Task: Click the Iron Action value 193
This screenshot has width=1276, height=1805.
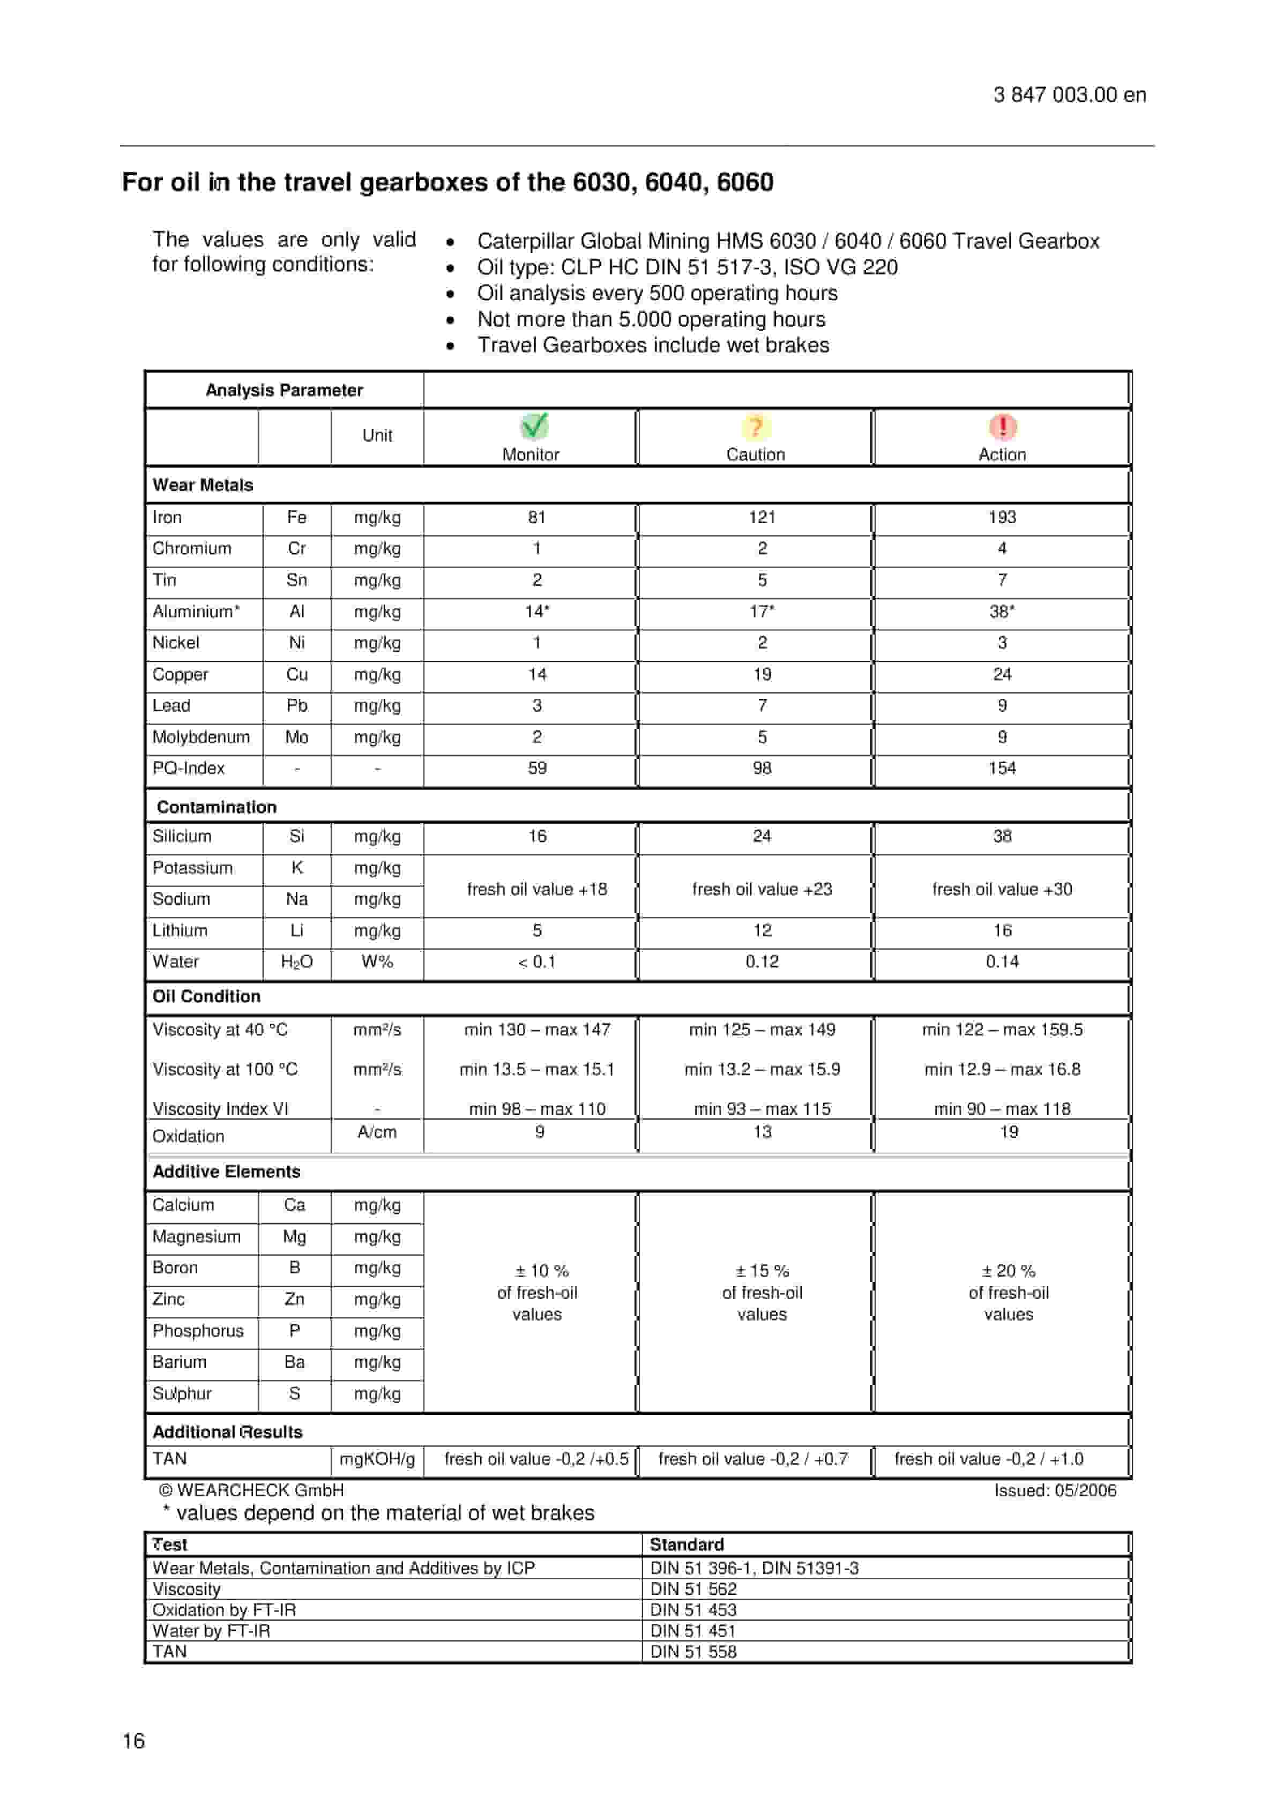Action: point(1002,517)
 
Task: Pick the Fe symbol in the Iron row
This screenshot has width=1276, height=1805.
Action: point(296,517)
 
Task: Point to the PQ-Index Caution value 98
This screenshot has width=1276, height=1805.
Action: point(762,768)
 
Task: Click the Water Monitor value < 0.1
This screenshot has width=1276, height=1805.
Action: point(537,961)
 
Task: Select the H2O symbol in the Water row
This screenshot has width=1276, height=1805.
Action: point(296,961)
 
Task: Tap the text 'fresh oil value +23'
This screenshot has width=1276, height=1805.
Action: point(762,889)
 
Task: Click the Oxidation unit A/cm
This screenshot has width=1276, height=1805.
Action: point(377,1132)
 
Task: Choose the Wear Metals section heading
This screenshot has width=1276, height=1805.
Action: point(203,485)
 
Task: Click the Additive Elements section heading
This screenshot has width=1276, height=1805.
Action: point(227,1172)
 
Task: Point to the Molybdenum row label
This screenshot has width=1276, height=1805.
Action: point(202,736)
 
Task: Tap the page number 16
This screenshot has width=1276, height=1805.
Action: point(133,1741)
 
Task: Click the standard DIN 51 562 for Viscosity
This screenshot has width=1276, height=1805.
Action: point(693,1589)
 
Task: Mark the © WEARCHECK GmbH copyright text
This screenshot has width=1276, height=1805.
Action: point(251,1490)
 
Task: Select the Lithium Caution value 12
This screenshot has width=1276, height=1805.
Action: point(762,930)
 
